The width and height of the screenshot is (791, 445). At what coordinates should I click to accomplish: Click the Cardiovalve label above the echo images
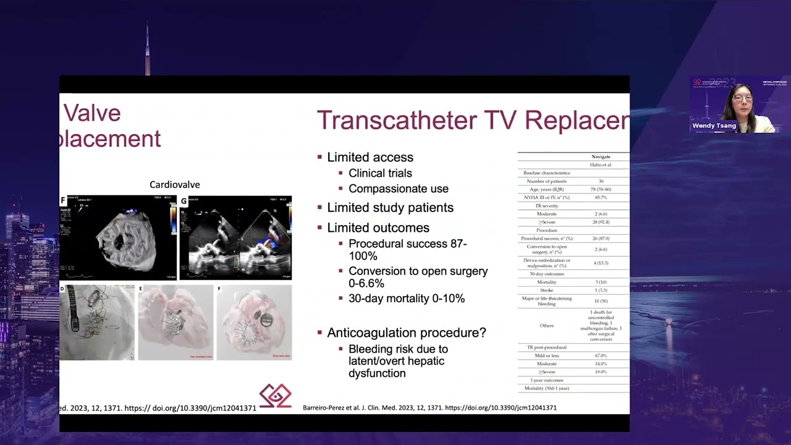point(175,185)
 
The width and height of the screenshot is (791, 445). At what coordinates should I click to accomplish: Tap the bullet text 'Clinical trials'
point(380,173)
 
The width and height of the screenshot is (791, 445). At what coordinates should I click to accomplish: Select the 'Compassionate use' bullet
point(398,189)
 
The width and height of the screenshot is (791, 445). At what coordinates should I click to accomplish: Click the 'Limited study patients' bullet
point(390,208)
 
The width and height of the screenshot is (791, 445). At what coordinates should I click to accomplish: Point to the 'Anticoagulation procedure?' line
point(406,333)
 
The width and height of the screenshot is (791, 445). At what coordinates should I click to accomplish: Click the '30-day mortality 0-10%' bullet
point(406,298)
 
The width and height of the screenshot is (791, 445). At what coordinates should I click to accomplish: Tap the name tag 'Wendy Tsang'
point(714,125)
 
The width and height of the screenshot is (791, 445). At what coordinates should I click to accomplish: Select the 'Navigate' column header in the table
point(601,157)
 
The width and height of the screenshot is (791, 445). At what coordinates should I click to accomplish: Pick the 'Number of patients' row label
point(547,181)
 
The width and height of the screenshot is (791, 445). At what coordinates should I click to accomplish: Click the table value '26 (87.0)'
point(601,238)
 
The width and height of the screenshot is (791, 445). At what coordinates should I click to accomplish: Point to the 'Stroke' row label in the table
point(547,290)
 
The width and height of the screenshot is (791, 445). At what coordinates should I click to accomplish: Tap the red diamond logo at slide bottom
point(275,396)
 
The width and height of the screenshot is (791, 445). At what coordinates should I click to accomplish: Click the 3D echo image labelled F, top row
point(118,237)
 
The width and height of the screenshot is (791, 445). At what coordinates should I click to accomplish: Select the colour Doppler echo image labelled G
point(235,237)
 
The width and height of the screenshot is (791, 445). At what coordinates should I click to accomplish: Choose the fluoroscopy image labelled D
point(97,322)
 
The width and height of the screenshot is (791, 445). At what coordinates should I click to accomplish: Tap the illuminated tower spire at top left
point(147,49)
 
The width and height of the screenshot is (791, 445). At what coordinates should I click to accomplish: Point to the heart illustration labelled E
point(176,322)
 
